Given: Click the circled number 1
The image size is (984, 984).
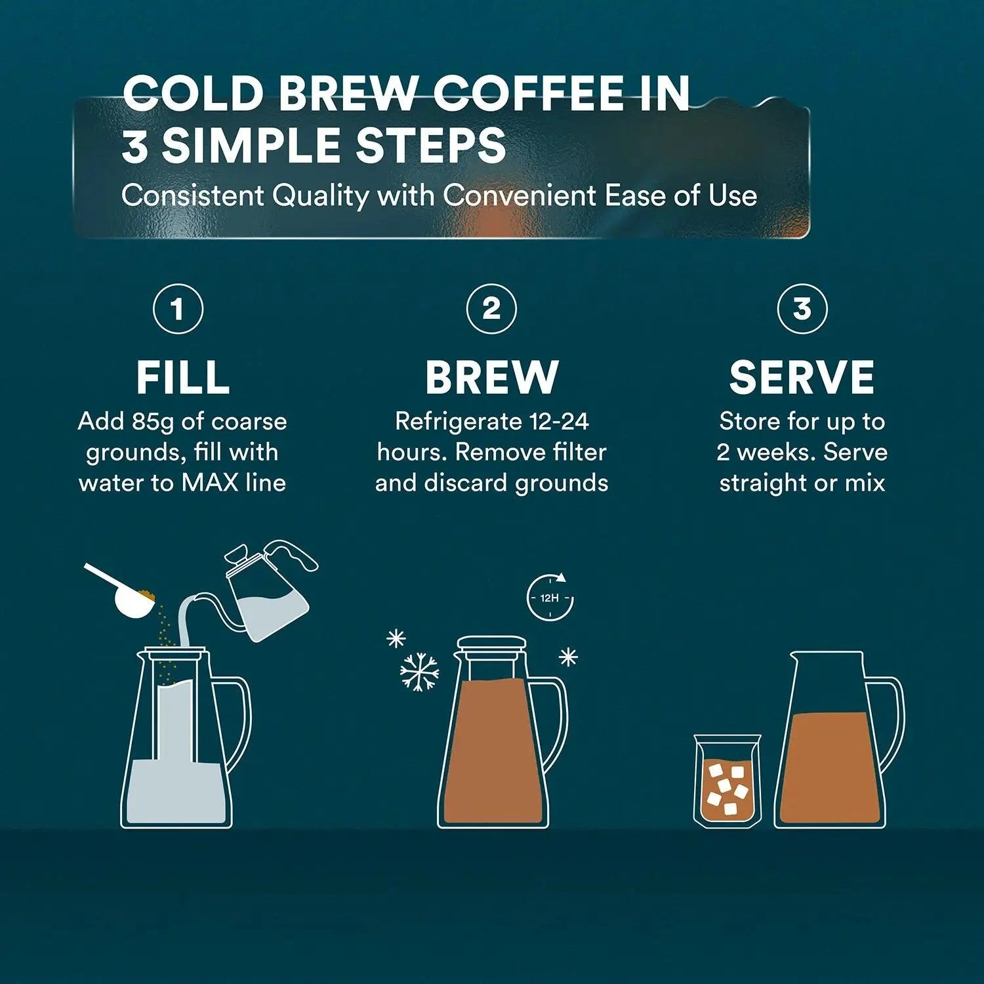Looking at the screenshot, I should click(178, 308).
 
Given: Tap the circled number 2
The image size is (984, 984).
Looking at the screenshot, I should click(491, 308).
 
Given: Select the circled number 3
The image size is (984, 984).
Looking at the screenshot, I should click(802, 308).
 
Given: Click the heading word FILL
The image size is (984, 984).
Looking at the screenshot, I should click(183, 378).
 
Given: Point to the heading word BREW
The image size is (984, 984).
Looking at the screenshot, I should click(491, 378).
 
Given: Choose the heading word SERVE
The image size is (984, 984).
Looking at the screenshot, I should click(802, 378).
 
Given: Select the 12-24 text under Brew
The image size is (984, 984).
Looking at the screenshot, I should click(559, 421).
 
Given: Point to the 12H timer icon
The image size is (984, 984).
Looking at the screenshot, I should click(550, 598).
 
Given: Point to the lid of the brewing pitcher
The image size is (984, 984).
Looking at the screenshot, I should click(491, 644).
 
